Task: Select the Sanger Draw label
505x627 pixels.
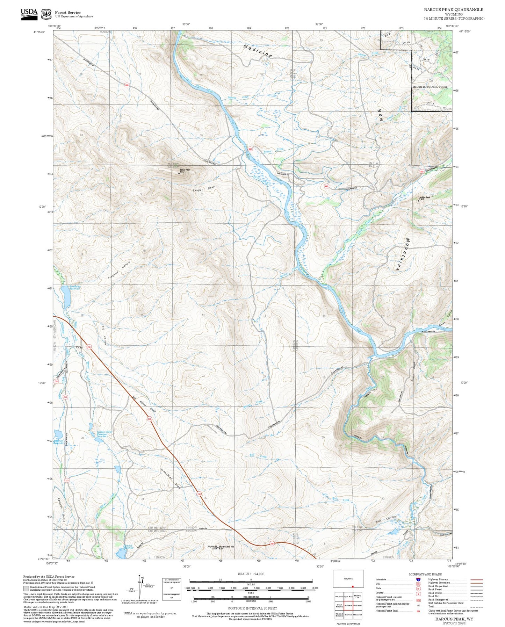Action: (204, 189)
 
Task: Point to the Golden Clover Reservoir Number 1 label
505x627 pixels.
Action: (102, 434)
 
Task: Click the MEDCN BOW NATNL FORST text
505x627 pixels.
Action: (430, 87)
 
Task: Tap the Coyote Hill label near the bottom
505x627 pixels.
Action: (212, 547)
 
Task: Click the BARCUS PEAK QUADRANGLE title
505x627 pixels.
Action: (454, 10)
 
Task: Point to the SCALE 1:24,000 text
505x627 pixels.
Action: (251, 574)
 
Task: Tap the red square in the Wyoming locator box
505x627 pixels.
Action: (353, 586)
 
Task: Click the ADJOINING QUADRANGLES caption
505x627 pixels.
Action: (348, 624)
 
